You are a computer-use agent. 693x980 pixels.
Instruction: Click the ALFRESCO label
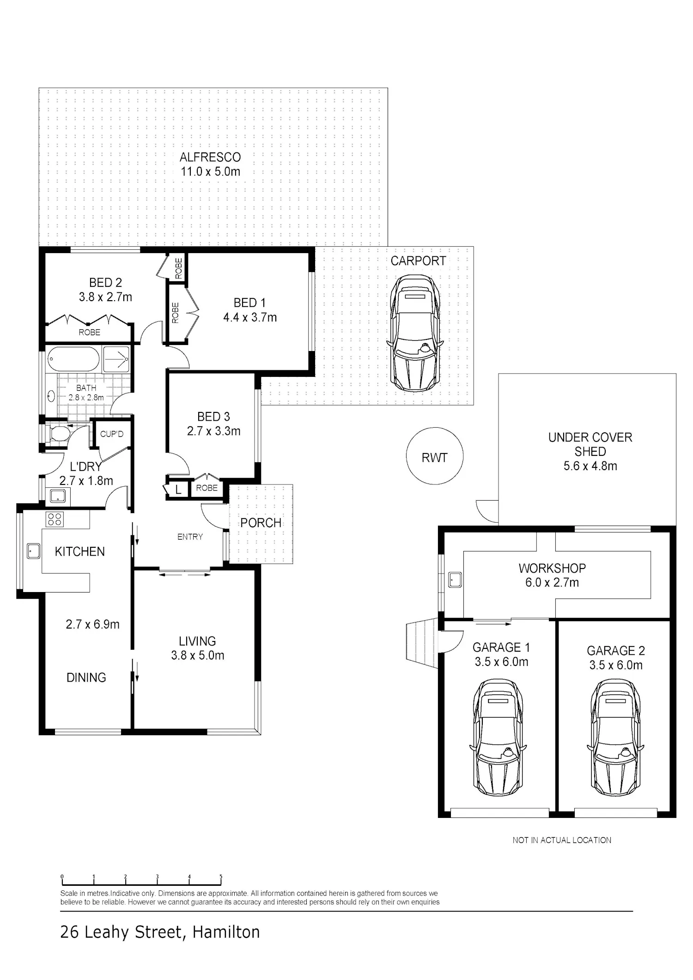[210, 157]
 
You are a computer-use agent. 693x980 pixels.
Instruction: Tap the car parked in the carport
[415, 333]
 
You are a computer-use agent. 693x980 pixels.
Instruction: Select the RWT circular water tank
[435, 456]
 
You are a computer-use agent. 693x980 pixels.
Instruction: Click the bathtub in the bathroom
[73, 359]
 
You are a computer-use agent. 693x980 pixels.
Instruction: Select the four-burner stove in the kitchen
[55, 520]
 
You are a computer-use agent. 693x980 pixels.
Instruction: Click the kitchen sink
[33, 550]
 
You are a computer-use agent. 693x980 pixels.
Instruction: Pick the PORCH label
[261, 523]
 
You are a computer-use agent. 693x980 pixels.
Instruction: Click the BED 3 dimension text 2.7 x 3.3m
[213, 431]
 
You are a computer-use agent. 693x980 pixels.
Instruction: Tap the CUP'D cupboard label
[112, 434]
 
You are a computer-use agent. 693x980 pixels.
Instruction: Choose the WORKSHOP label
[552, 568]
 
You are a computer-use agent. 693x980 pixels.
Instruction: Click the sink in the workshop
[455, 580]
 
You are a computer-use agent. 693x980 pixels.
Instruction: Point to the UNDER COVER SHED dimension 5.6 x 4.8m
[590, 466]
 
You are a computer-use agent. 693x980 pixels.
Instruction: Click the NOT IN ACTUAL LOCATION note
[562, 840]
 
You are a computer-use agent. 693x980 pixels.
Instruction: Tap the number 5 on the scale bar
[221, 877]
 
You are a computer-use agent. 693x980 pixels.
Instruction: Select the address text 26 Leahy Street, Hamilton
[160, 932]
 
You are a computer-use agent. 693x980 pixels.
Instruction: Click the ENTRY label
[190, 537]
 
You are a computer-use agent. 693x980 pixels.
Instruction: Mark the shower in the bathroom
[116, 359]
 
